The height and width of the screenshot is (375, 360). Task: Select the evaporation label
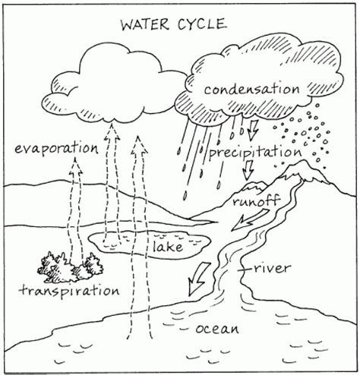[x=55, y=147]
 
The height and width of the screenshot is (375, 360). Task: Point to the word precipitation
[x=252, y=152]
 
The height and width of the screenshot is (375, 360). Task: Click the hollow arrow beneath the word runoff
[x=249, y=220]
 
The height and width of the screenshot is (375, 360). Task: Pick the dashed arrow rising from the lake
[x=113, y=175]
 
